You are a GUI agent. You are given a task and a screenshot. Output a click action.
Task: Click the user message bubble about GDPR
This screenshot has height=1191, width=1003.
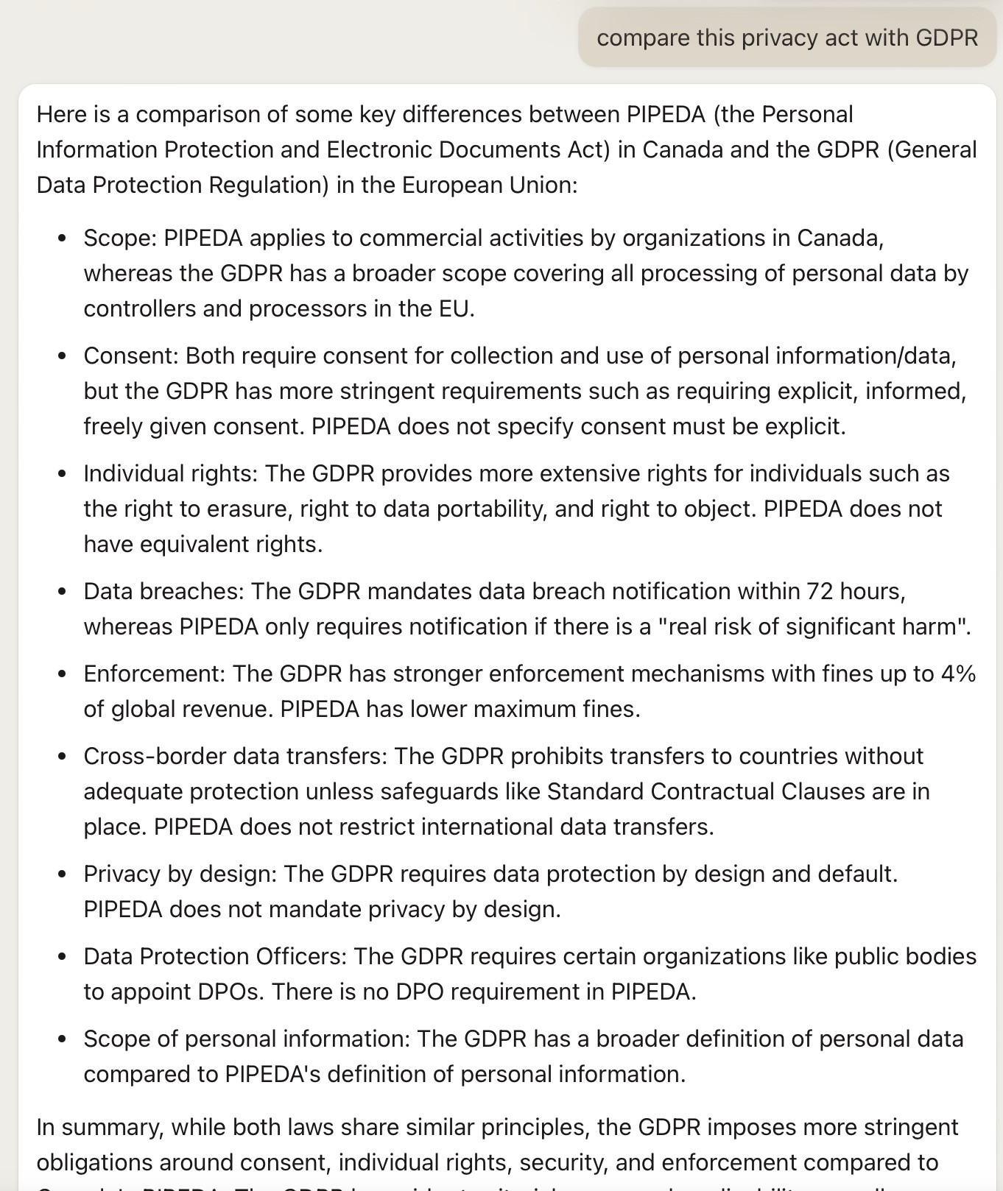[x=786, y=38]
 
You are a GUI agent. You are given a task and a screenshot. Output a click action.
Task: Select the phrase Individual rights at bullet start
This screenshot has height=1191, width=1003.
[x=170, y=474]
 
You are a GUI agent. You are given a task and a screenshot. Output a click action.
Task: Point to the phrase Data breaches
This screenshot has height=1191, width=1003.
[x=166, y=592]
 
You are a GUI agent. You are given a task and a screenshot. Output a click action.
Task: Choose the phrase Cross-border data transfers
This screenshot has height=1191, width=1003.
[x=235, y=757]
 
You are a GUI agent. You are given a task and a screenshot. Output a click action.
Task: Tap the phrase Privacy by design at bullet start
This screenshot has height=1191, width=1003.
[x=180, y=874]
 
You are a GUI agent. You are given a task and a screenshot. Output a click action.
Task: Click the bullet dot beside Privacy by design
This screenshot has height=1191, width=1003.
[x=63, y=874]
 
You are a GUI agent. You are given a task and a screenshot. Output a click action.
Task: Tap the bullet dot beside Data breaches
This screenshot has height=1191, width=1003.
[x=63, y=592]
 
